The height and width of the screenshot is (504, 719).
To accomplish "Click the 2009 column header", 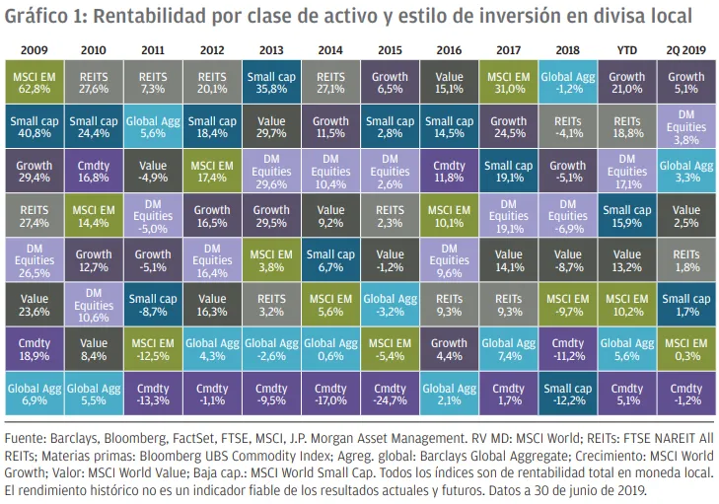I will [x=35, y=47].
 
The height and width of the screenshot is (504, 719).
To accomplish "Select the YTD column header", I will [x=626, y=47].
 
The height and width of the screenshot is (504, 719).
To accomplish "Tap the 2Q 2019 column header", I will [x=685, y=47].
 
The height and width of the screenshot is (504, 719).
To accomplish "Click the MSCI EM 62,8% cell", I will [x=35, y=79].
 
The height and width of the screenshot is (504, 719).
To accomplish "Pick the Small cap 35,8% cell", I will [x=271, y=79].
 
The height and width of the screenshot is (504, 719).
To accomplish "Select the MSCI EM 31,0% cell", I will [x=508, y=79].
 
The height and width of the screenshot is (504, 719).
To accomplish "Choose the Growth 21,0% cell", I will [x=626, y=79].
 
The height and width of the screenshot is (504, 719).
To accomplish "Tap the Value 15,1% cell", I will [x=449, y=79].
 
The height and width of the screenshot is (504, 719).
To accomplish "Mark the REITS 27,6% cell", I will [x=94, y=79].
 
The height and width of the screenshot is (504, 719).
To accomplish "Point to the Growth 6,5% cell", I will [x=390, y=79].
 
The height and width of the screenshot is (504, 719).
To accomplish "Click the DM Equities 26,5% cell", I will [x=35, y=259].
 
